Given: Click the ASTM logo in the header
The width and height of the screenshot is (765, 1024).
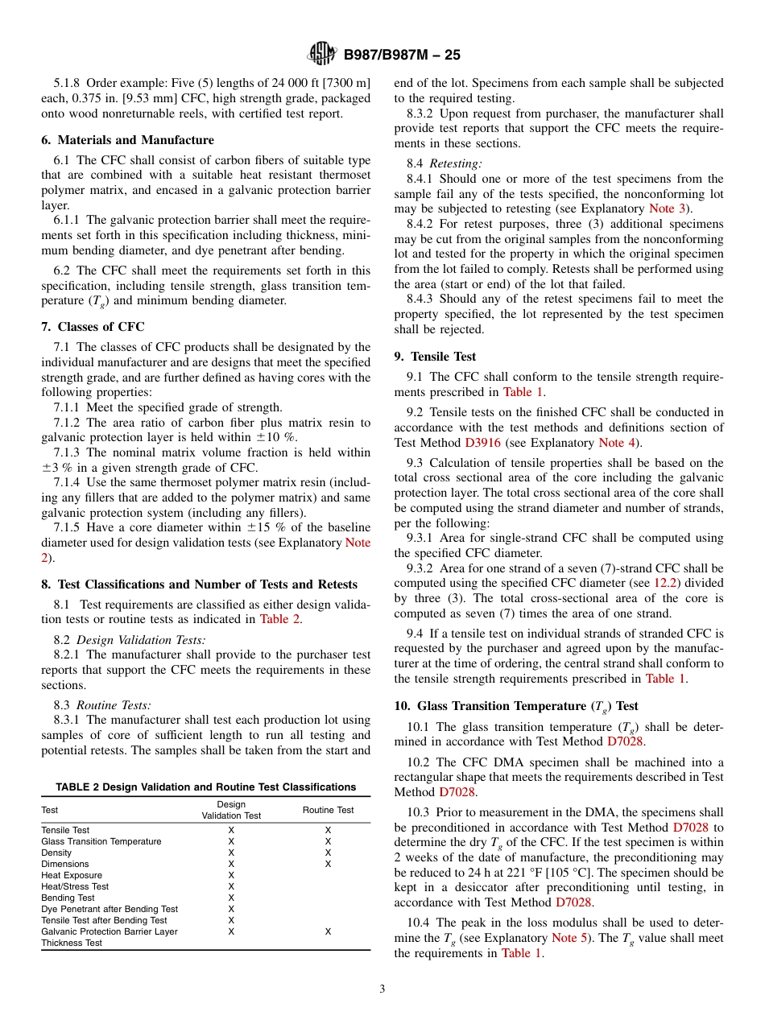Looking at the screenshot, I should coord(322,55).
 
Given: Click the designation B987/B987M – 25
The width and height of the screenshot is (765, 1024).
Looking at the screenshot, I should coord(402,56).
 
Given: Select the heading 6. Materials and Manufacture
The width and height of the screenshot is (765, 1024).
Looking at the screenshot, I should coord(128,140).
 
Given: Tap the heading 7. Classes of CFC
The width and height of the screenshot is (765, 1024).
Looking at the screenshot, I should coord(93,327).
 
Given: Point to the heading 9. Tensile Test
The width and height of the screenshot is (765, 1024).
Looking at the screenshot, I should coord(435,356).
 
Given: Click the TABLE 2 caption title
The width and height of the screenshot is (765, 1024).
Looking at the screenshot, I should coord(205,787).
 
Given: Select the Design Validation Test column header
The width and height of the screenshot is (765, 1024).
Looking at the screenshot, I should coord(231,810).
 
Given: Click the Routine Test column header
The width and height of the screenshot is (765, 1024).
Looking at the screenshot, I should coord(328,810).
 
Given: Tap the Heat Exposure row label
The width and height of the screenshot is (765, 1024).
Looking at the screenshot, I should coord(72,875).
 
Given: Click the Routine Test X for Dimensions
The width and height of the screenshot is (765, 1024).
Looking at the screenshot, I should coord(328,864).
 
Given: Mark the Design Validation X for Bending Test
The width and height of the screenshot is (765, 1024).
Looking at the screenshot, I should coord(231,898).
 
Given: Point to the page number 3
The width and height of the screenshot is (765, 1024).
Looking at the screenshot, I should coord(382,989).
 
